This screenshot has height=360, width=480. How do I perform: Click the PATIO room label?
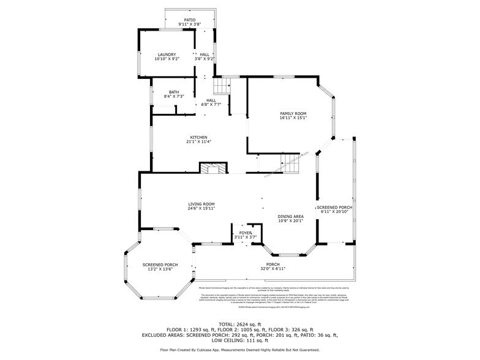click(x=190, y=20)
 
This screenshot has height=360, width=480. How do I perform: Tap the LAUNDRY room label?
click(x=167, y=54)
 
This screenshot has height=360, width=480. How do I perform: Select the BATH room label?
click(x=174, y=92)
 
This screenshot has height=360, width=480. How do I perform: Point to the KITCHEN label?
click(x=198, y=137)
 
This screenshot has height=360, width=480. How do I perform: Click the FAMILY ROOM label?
click(x=293, y=113)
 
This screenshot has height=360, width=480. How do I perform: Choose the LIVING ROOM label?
click(x=201, y=204)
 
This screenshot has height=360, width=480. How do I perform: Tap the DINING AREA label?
click(x=290, y=216)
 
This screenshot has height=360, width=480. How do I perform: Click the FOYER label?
click(x=246, y=233)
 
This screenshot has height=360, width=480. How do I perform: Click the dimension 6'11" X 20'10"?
click(x=334, y=212)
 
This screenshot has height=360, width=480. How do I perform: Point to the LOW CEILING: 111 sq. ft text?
click(x=239, y=340)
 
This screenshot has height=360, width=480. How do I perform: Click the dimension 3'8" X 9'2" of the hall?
click(x=205, y=59)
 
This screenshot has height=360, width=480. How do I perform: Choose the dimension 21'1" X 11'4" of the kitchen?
click(x=198, y=142)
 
